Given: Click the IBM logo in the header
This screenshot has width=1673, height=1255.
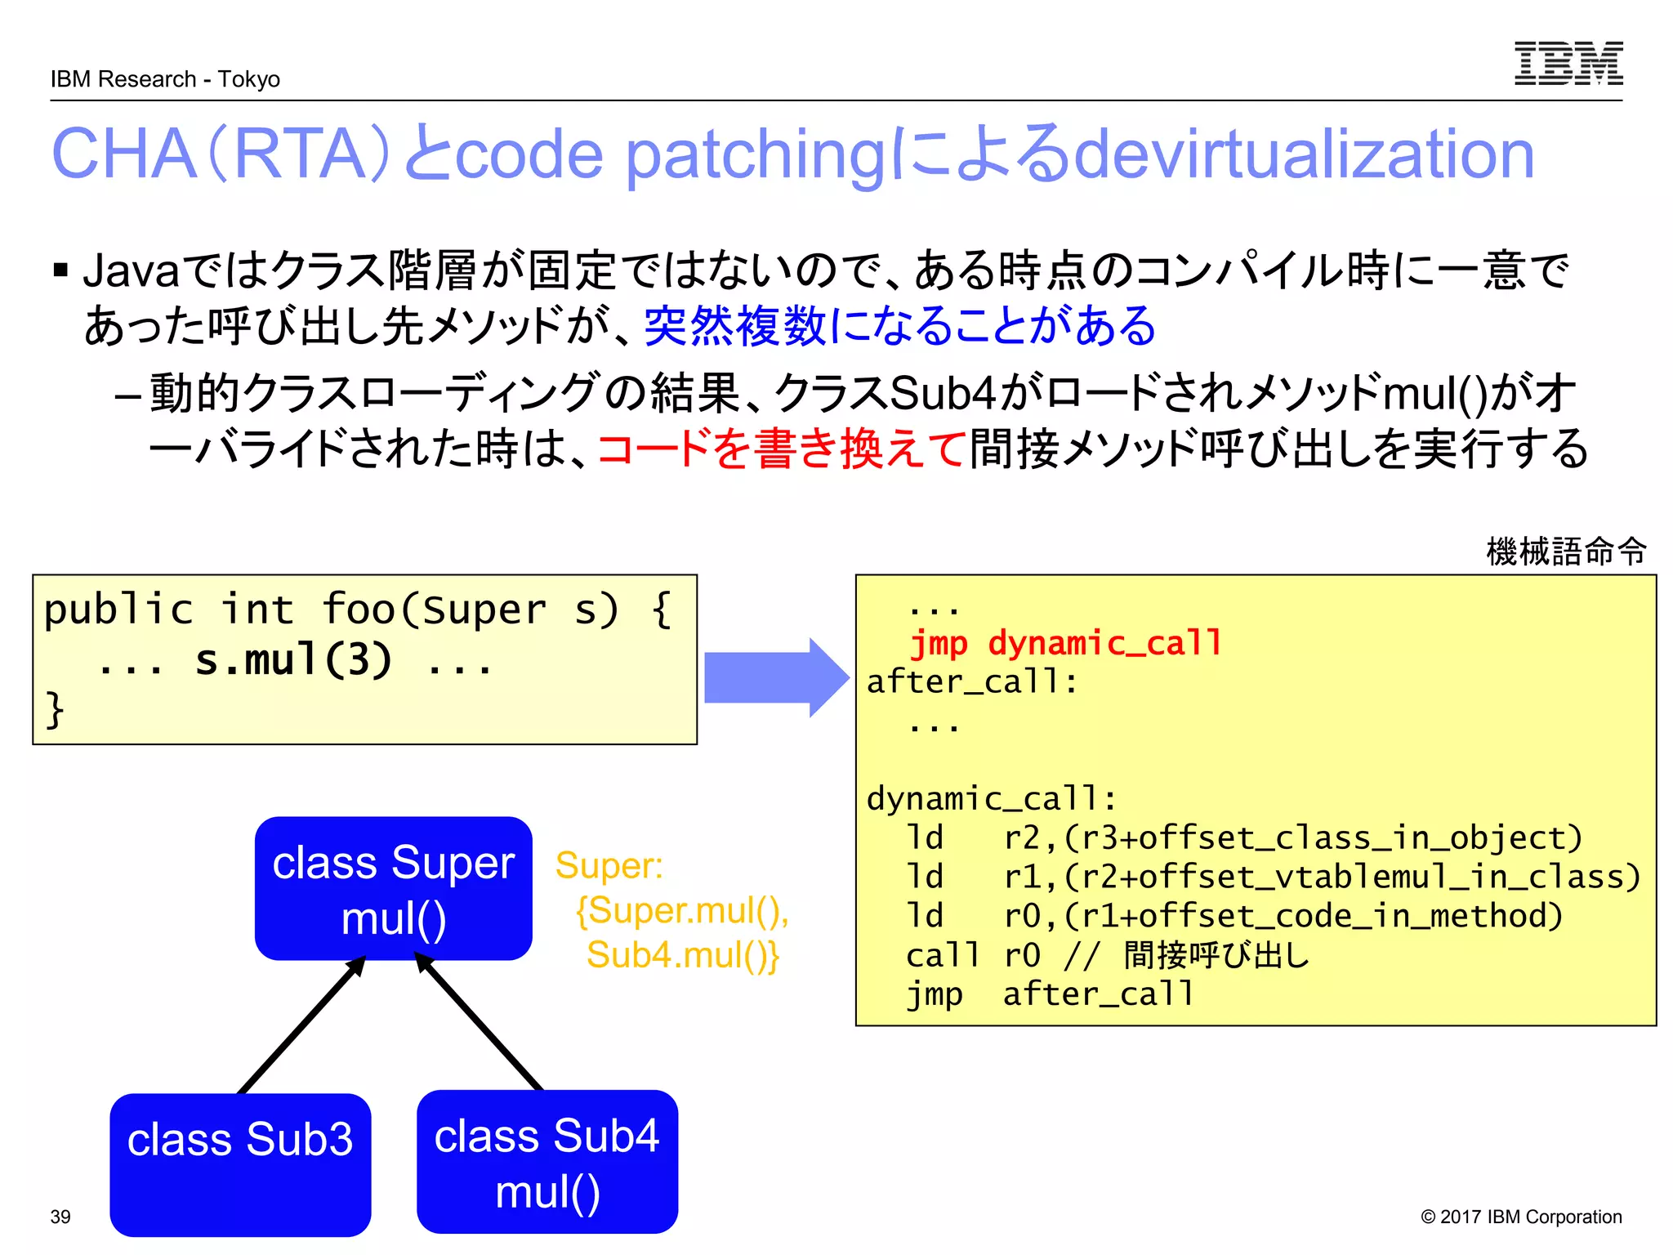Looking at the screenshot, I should point(1568,64).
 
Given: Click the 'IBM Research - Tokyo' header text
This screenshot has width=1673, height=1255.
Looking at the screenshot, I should point(165,79).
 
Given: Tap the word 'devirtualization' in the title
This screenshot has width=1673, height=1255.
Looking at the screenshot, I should point(1304,154).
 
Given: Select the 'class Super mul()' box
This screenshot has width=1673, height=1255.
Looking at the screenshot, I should point(393,888).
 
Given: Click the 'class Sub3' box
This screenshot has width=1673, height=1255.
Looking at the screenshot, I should point(240,1163).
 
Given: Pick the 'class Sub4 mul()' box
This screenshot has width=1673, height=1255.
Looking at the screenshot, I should point(547,1162).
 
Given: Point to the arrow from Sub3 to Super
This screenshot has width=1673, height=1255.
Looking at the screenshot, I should point(301,1026).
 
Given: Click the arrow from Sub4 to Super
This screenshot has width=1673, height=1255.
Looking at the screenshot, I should point(480,1023).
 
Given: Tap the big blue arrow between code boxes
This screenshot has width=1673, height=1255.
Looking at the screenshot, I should point(775,677).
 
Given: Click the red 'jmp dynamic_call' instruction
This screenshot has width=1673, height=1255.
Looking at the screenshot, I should point(1065,643).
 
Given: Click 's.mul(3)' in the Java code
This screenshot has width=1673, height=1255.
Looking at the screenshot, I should point(293,660).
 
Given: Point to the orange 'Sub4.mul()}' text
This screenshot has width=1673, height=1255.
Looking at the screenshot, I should point(682,955).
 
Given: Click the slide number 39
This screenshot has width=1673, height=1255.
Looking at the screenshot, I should point(60,1217).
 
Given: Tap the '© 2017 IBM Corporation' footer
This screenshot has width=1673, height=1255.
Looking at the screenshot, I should point(1520,1217).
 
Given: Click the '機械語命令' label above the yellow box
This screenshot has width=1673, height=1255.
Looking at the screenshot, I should point(1565,552).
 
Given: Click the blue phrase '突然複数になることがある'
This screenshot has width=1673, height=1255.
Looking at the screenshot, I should point(899,326).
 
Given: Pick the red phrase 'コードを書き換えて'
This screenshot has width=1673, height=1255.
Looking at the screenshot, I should point(782,449).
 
